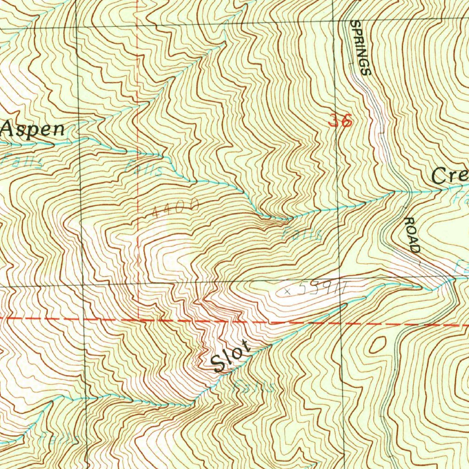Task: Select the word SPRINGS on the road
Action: pyautogui.click(x=360, y=48)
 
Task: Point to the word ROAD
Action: pyautogui.click(x=411, y=235)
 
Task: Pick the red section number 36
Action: pyautogui.click(x=340, y=120)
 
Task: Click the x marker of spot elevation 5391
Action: pyautogui.click(x=287, y=290)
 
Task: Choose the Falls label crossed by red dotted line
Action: pyautogui.click(x=143, y=168)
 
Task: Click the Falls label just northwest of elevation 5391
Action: pyautogui.click(x=301, y=234)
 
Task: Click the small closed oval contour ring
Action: pyautogui.click(x=378, y=344)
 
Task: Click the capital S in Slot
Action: pyautogui.click(x=218, y=365)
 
